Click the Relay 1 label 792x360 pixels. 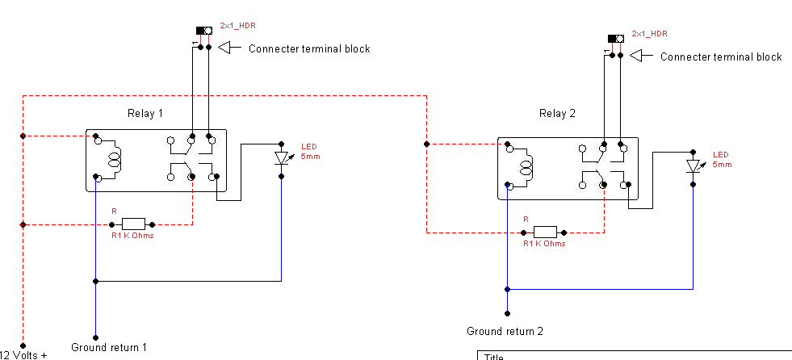point(145,113)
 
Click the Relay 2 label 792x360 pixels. point(557,114)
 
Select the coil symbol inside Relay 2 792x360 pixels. point(526,167)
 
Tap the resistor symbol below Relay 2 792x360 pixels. point(545,232)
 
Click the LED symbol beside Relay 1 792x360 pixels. point(282,158)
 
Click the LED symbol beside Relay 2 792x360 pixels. point(693,166)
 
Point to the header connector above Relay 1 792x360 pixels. point(204,31)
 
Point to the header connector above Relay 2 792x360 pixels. point(615,39)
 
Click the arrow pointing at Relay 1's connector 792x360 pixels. point(230,48)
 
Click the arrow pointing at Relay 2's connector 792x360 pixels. point(641,57)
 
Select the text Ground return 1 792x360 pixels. point(109,348)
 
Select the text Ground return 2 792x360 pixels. point(505,331)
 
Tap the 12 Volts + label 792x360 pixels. point(24,354)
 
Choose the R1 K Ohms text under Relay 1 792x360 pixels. point(132,236)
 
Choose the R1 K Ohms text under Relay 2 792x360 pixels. point(544,244)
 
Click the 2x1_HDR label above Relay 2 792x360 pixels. point(650,34)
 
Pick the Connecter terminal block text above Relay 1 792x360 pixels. point(309,49)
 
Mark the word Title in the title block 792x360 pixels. point(494,356)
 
